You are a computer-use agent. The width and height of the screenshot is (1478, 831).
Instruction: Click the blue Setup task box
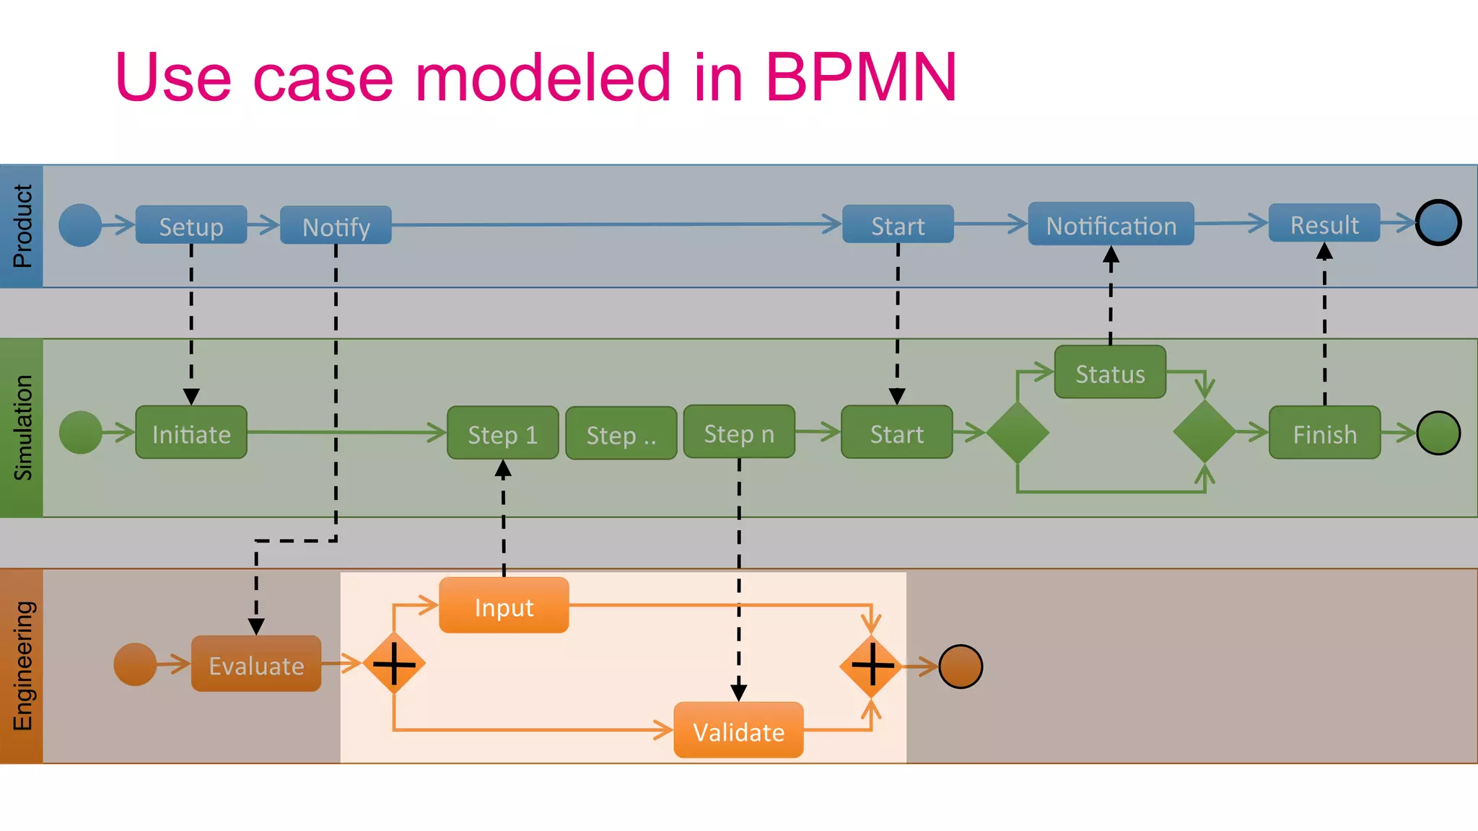coord(191,225)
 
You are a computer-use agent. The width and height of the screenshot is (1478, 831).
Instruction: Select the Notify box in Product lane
coord(336,226)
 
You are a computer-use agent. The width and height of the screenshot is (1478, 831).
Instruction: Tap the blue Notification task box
coord(1111,224)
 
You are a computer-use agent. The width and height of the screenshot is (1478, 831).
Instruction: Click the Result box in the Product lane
coord(1324,224)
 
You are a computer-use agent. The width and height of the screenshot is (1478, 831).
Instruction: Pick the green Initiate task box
coord(191,433)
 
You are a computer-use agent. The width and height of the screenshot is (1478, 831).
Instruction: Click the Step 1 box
coord(503,434)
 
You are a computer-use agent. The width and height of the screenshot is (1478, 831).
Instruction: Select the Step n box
coord(739,432)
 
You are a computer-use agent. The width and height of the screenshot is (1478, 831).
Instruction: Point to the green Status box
coord(1110,373)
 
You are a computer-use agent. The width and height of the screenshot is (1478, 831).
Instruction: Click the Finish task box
coord(1324,433)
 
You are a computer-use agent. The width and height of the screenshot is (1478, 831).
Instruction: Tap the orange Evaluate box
coord(256,664)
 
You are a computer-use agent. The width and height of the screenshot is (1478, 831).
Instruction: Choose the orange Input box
coord(504,606)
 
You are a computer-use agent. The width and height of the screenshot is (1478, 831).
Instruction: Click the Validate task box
coord(738,731)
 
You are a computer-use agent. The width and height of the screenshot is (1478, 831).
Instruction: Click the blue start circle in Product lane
coord(80,225)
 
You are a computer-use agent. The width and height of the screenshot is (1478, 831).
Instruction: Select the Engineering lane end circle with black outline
coord(961,667)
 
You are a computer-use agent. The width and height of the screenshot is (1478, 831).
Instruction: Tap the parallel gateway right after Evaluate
coord(394,664)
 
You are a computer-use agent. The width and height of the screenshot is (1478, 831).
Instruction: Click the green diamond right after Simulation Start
coord(1018,433)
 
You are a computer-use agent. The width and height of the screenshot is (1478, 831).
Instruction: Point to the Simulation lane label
coord(22,428)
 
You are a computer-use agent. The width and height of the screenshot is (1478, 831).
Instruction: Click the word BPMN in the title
coord(860,77)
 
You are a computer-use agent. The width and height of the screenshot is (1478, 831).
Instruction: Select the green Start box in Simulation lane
coord(897,433)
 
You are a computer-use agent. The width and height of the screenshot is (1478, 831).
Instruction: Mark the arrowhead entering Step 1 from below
coord(503,470)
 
